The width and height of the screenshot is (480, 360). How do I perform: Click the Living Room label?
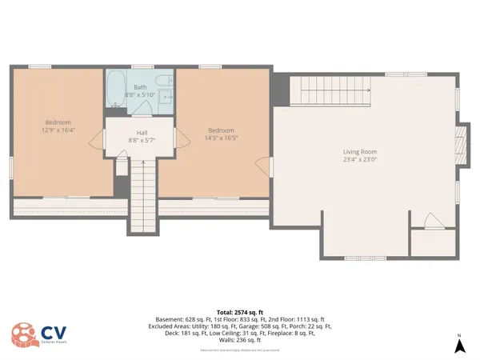coord(359,151)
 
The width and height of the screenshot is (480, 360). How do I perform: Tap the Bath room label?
coord(140,86)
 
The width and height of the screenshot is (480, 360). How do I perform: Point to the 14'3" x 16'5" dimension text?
coord(221,138)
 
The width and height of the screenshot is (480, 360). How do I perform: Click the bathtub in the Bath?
coord(115,87)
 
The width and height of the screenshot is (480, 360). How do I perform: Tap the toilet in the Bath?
coord(164,80)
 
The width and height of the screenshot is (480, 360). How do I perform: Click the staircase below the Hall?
coord(141,196)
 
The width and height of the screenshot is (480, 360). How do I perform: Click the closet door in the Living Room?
coord(433,221)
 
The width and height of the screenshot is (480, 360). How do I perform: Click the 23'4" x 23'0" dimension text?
coord(359,159)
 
